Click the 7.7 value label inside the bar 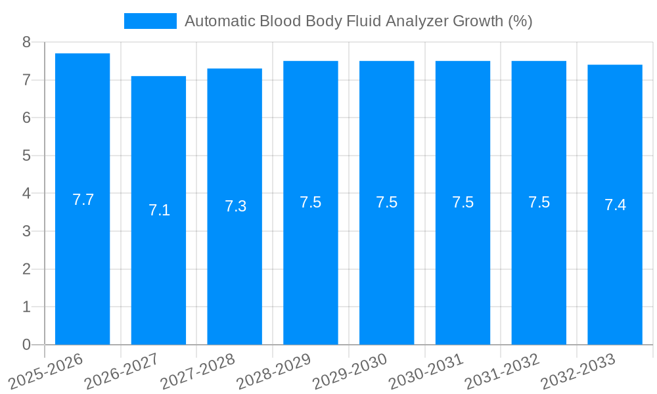(83, 200)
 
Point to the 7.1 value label (159, 210)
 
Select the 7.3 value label (235, 206)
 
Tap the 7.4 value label (615, 205)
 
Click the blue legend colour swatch (150, 21)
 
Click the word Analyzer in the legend (416, 21)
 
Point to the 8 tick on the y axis (26, 42)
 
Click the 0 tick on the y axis (26, 345)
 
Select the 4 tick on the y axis (26, 194)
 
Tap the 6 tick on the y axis (26, 118)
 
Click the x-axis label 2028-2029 (275, 371)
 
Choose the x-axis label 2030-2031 (427, 371)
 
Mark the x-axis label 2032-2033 (579, 371)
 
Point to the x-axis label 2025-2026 (46, 371)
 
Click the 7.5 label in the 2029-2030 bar (386, 202)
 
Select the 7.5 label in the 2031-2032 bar (539, 202)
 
